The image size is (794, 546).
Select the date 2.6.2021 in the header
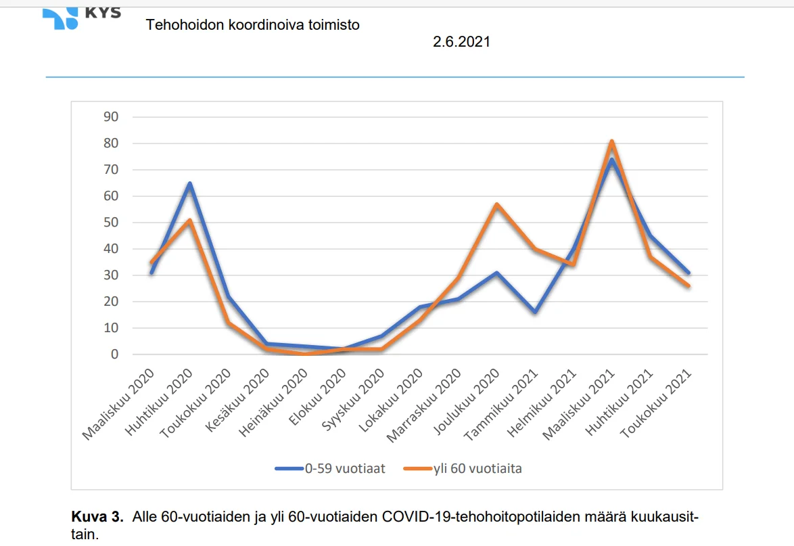click(x=462, y=42)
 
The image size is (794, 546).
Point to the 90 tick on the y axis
click(x=110, y=117)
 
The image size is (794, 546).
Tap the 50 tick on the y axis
click(x=110, y=223)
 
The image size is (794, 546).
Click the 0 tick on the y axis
click(x=114, y=355)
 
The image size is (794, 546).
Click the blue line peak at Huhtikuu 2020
click(x=190, y=183)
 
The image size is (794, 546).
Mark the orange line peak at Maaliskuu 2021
click(x=611, y=141)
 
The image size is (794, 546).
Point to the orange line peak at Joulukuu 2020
click(x=496, y=204)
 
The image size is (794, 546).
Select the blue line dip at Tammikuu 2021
click(x=535, y=312)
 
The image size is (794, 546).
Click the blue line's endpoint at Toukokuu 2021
click(x=688, y=273)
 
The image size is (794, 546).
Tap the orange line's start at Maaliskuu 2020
click(x=151, y=263)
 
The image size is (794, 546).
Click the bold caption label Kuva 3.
click(x=97, y=518)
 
